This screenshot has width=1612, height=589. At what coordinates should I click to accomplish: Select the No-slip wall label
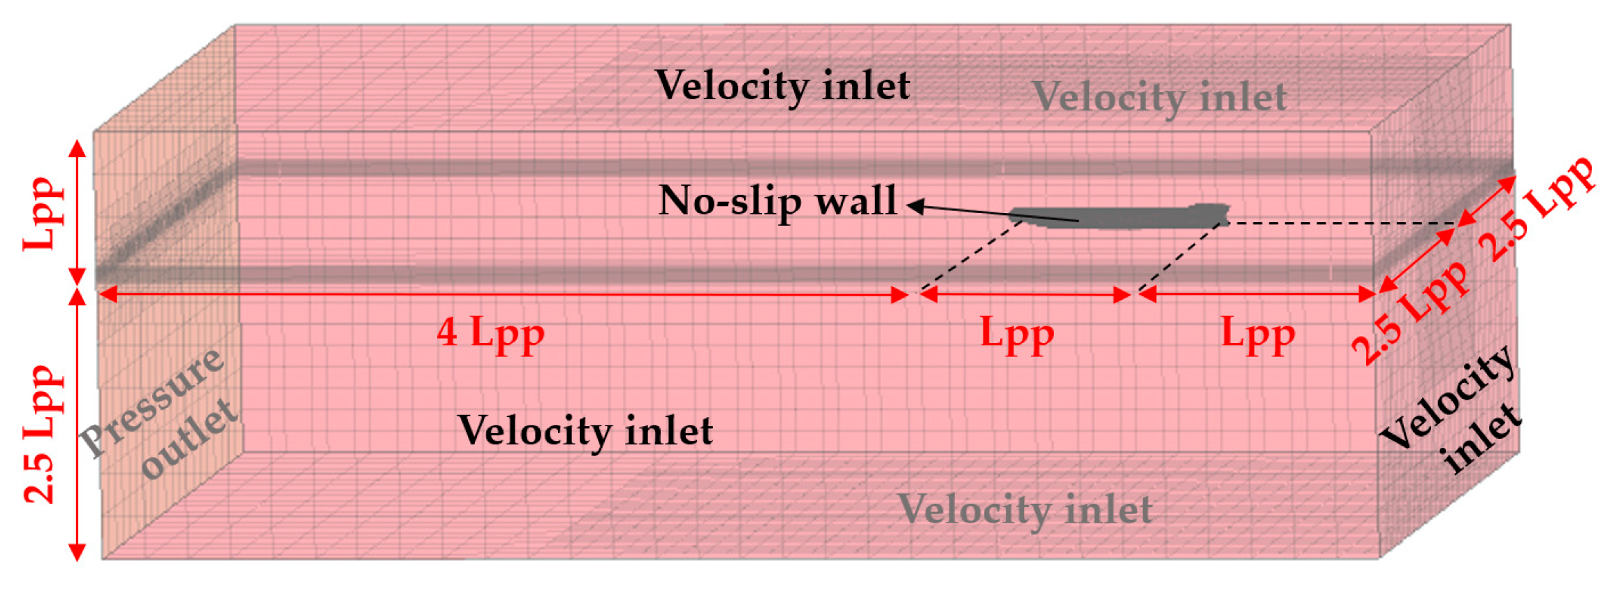pyautogui.click(x=777, y=201)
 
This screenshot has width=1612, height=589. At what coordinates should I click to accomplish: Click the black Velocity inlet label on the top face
pyautogui.click(x=782, y=87)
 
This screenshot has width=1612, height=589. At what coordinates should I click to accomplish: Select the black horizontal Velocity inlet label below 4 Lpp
pyautogui.click(x=585, y=430)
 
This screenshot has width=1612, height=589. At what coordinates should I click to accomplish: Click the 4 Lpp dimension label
pyautogui.click(x=490, y=333)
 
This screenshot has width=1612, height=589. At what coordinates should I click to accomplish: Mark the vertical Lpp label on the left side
pyautogui.click(x=43, y=213)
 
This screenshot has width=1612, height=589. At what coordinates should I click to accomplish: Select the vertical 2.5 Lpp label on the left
pyautogui.click(x=42, y=433)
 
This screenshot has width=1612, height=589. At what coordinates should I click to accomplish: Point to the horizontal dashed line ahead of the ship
pyautogui.click(x=1341, y=224)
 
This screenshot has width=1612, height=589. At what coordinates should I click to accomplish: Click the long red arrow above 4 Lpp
pyautogui.click(x=503, y=295)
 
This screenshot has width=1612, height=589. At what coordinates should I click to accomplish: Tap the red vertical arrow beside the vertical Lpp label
pyautogui.click(x=78, y=213)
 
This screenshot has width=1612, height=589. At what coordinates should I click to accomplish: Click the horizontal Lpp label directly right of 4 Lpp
pyautogui.click(x=1017, y=335)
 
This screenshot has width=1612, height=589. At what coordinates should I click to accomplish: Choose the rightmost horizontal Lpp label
pyautogui.click(x=1257, y=335)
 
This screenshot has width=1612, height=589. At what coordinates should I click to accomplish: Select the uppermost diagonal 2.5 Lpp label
pyautogui.click(x=1537, y=210)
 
